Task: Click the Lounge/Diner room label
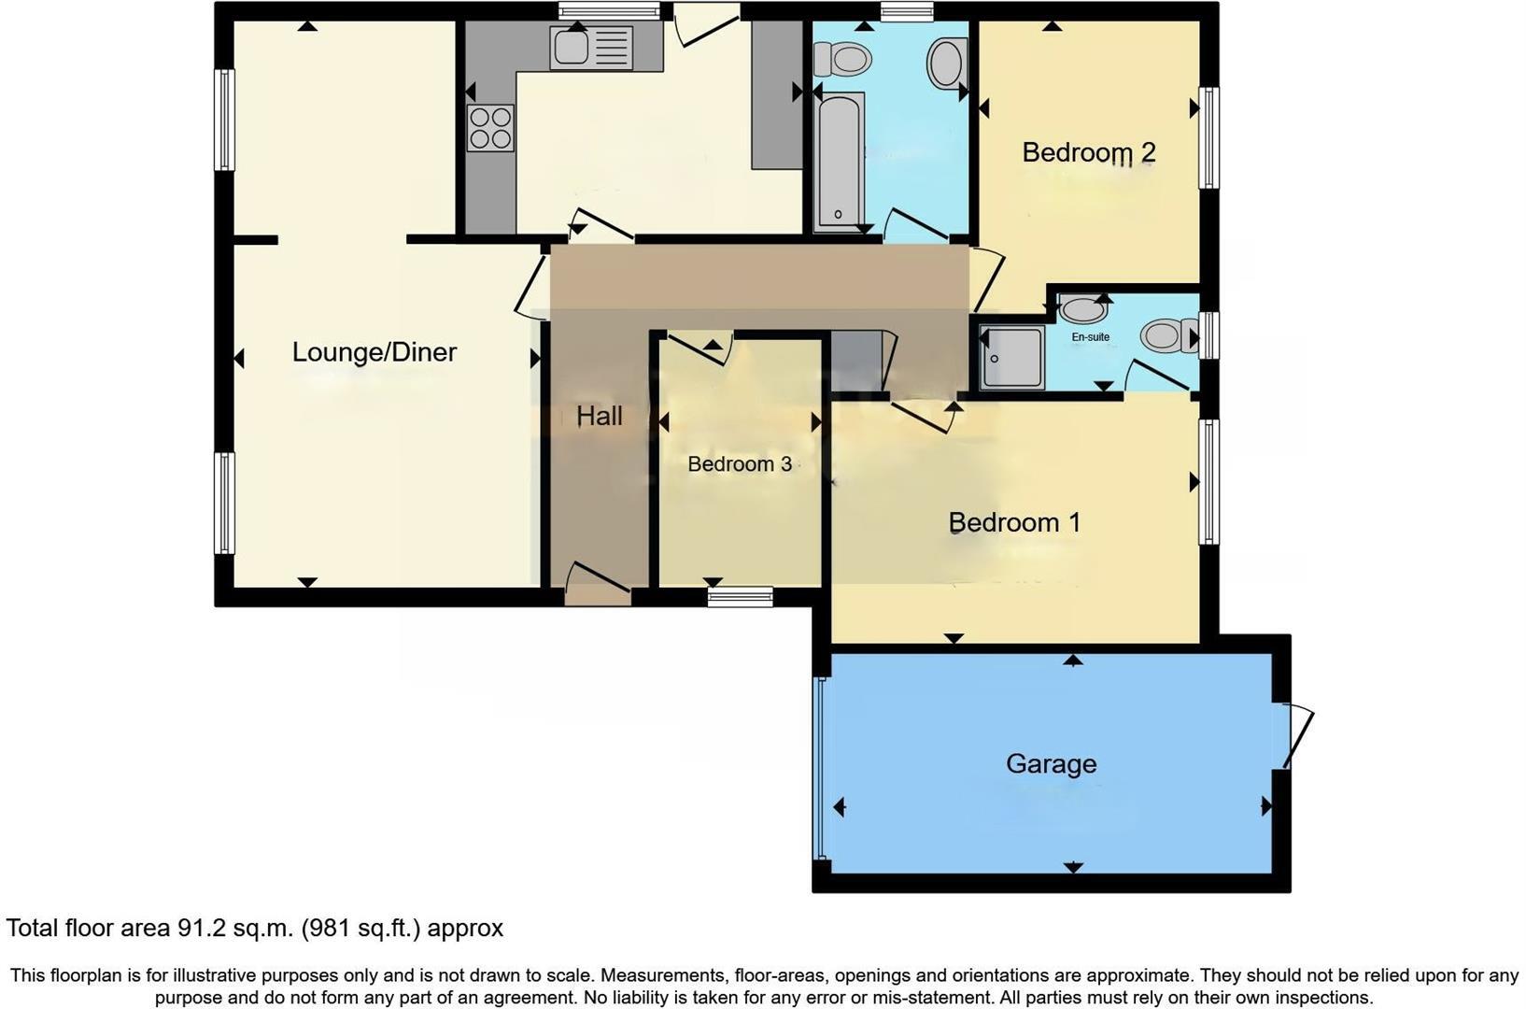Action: point(374,352)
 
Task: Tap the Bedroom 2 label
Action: point(1089,152)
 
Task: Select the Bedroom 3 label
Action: point(740,464)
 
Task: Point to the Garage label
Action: point(1051,764)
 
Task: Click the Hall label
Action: point(599,417)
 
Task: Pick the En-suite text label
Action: point(1090,337)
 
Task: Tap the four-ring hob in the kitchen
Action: point(490,128)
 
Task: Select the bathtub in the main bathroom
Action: point(839,162)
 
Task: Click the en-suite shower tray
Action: point(1011,358)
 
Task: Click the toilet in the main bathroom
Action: point(841,60)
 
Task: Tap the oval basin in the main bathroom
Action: point(947,64)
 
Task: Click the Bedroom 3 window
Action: point(740,596)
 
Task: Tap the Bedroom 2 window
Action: point(1208,137)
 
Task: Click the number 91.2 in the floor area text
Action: point(197,929)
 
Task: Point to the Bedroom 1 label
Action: point(1014,522)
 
